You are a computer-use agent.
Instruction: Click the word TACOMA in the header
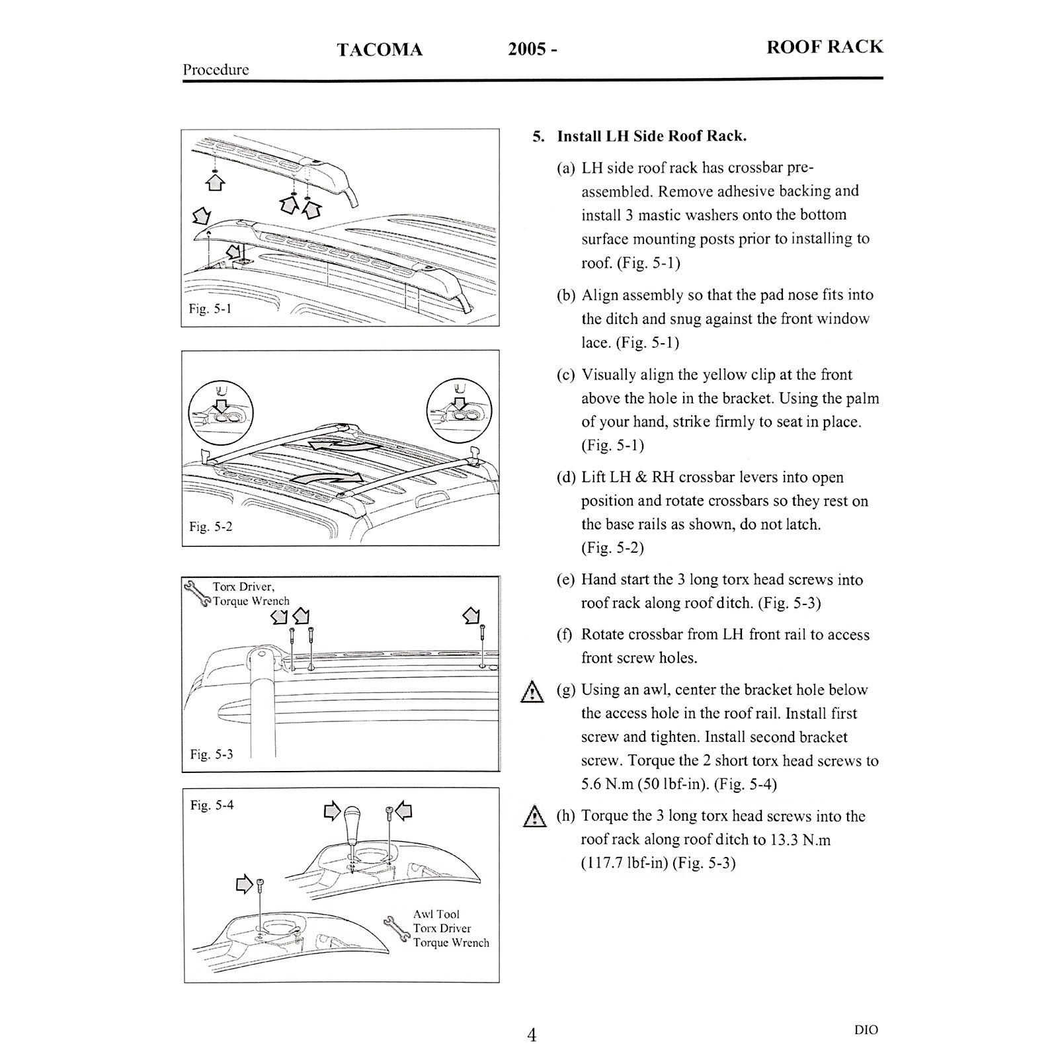click(379, 50)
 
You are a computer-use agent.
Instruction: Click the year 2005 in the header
click(526, 50)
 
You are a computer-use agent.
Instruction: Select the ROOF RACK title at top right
click(824, 47)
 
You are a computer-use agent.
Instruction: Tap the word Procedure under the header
click(216, 70)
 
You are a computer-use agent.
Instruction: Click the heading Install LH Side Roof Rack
click(651, 136)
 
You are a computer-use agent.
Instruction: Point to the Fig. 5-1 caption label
click(210, 309)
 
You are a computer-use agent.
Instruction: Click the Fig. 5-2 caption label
click(210, 527)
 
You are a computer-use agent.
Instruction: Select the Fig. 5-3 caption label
click(211, 754)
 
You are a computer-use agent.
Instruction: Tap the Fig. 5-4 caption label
click(212, 805)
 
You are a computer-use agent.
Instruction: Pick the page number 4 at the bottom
click(532, 1035)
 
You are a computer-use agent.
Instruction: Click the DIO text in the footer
click(866, 1030)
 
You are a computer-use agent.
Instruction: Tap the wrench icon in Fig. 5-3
click(198, 594)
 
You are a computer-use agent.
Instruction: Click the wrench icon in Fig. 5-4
click(396, 929)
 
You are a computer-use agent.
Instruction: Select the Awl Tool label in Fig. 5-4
click(436, 915)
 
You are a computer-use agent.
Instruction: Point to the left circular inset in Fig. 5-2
click(220, 411)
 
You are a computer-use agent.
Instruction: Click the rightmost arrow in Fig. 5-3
click(471, 616)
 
